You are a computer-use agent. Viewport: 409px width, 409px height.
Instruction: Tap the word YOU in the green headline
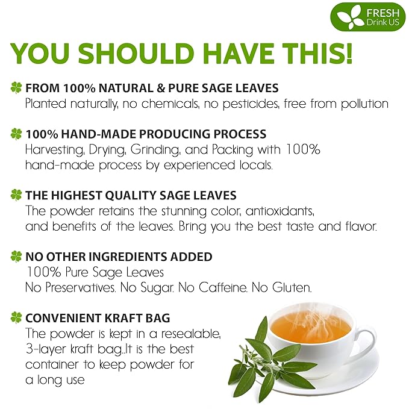click(42, 54)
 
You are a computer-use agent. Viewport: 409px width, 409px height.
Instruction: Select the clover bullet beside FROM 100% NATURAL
click(16, 88)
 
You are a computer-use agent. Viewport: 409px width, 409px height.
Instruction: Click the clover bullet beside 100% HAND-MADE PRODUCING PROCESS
click(16, 133)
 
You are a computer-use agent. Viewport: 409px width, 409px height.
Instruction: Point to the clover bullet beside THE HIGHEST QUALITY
click(16, 195)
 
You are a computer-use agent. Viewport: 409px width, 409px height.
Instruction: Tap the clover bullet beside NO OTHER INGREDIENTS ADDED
click(16, 257)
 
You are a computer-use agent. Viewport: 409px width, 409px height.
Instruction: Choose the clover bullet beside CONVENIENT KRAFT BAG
click(16, 318)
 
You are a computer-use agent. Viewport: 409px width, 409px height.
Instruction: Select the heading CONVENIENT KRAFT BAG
click(98, 318)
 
